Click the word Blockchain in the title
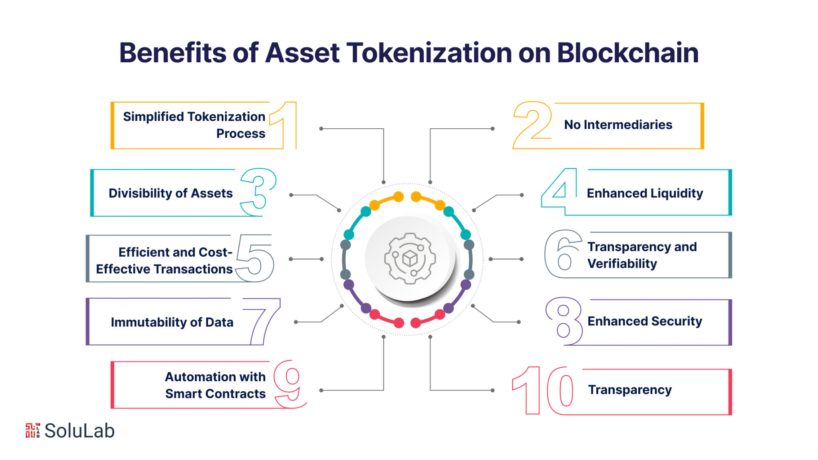(627, 53)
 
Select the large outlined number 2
(533, 125)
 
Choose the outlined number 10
(543, 390)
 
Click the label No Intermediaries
(618, 125)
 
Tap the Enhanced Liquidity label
(645, 193)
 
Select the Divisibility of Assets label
(171, 193)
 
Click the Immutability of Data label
(172, 322)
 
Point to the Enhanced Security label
(645, 321)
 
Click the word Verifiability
(622, 264)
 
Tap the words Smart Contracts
(215, 394)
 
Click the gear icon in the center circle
(410, 259)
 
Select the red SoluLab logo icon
(33, 430)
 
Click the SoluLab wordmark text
(79, 431)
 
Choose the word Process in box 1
(241, 134)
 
